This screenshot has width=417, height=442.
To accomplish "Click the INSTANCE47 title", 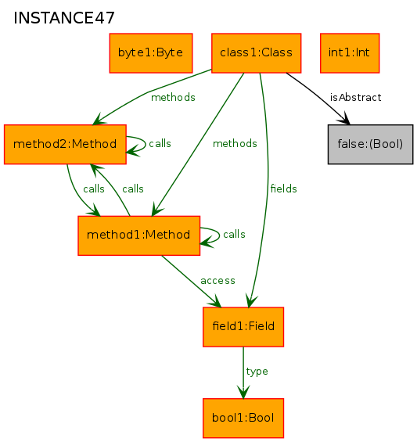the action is [x=64, y=18].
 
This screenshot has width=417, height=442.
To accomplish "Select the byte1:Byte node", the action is [x=151, y=53].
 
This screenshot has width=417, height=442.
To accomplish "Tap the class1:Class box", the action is [x=257, y=53].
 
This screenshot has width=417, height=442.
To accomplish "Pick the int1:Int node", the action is [x=350, y=53].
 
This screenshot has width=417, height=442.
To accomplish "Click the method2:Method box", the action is [x=65, y=144].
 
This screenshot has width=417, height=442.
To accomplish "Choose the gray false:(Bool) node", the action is [x=371, y=144].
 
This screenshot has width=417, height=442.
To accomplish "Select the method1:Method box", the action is [x=139, y=235].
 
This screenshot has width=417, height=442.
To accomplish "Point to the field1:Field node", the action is [x=243, y=327].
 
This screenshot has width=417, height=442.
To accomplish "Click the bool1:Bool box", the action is [x=243, y=419].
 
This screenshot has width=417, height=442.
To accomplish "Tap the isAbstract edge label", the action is [x=355, y=98].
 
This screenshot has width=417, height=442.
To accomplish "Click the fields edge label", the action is [x=284, y=189].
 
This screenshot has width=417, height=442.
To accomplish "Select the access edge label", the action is [x=217, y=281].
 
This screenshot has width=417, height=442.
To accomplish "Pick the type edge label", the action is [x=257, y=372].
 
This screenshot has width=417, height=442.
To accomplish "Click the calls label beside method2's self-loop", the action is [x=160, y=143].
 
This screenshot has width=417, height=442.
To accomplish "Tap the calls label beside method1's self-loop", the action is [x=234, y=234].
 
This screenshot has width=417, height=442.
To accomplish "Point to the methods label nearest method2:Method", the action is [x=173, y=98].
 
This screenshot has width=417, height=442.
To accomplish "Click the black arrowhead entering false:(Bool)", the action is [x=344, y=119].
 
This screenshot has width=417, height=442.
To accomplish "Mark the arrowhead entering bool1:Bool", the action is [x=243, y=393].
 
